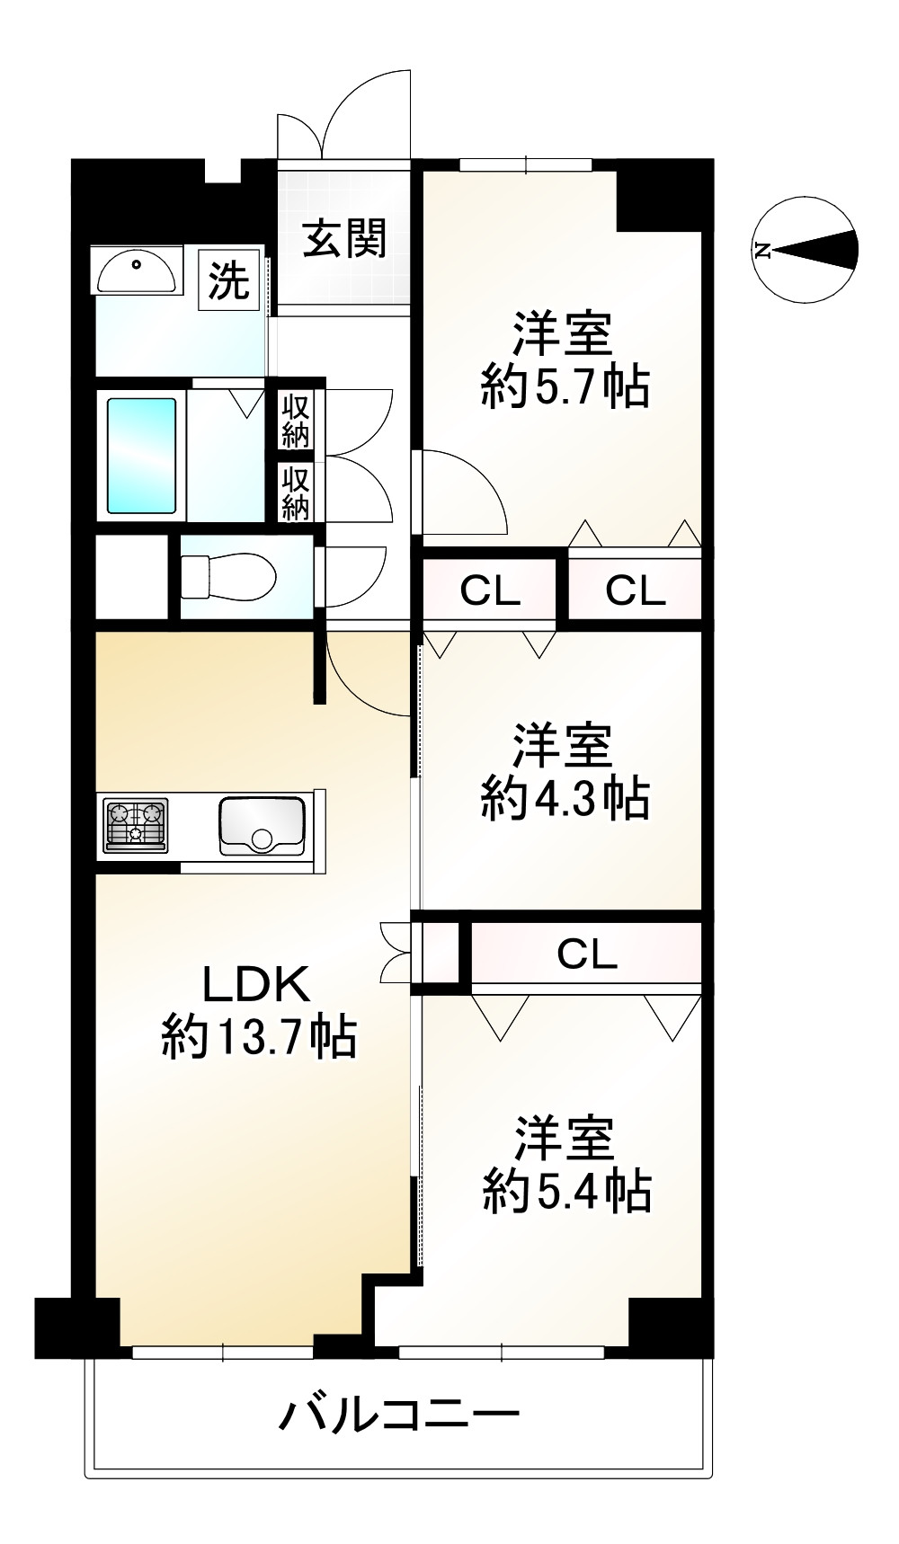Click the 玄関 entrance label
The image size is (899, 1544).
click(344, 239)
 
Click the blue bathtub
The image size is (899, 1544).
click(141, 456)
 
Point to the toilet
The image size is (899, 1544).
click(228, 576)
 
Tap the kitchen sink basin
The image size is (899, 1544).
click(262, 825)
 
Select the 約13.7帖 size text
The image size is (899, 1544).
click(259, 1038)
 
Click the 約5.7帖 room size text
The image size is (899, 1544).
click(565, 387)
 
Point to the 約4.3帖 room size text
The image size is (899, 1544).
click(565, 797)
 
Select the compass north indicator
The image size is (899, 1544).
click(805, 250)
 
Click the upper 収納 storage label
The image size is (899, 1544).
click(295, 421)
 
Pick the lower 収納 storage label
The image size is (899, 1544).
click(295, 493)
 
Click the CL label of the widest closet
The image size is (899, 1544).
click(586, 954)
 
